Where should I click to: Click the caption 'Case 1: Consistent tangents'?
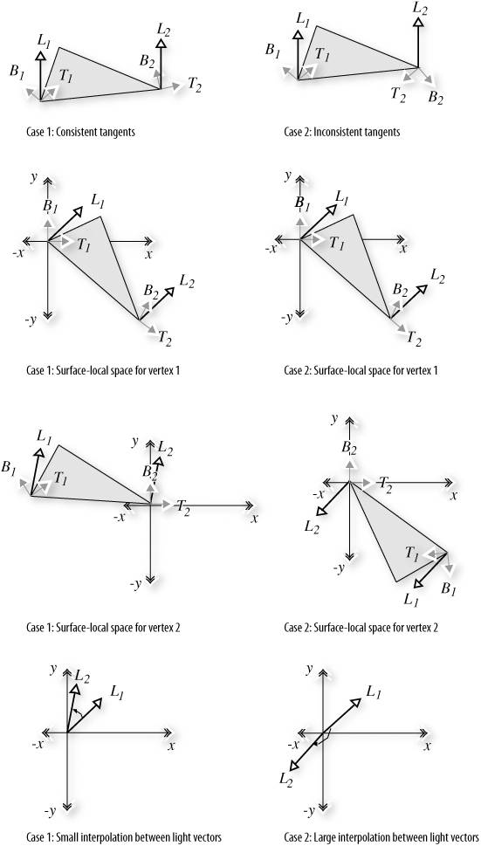point(80,132)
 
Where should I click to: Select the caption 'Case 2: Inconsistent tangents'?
point(342,132)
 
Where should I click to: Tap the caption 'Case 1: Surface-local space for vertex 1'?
point(103,371)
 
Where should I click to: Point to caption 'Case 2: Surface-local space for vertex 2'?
point(361,628)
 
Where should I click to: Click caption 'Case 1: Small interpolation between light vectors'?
point(123,836)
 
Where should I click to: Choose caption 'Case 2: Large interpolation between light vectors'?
point(381,836)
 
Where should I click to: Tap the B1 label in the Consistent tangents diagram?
point(17,72)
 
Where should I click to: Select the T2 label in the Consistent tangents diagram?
point(195,84)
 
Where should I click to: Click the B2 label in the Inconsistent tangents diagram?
point(436,97)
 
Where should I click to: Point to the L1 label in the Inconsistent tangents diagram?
point(304,19)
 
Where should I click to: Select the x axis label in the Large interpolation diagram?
point(427,746)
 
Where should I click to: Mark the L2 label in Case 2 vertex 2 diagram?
point(312,527)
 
